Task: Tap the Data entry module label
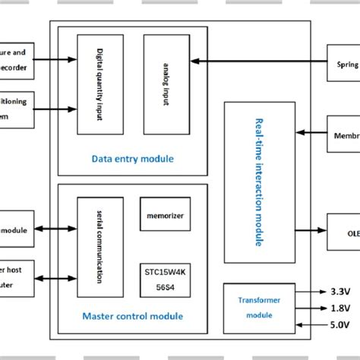pyautogui.click(x=132, y=159)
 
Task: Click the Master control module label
pyautogui.click(x=132, y=316)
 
